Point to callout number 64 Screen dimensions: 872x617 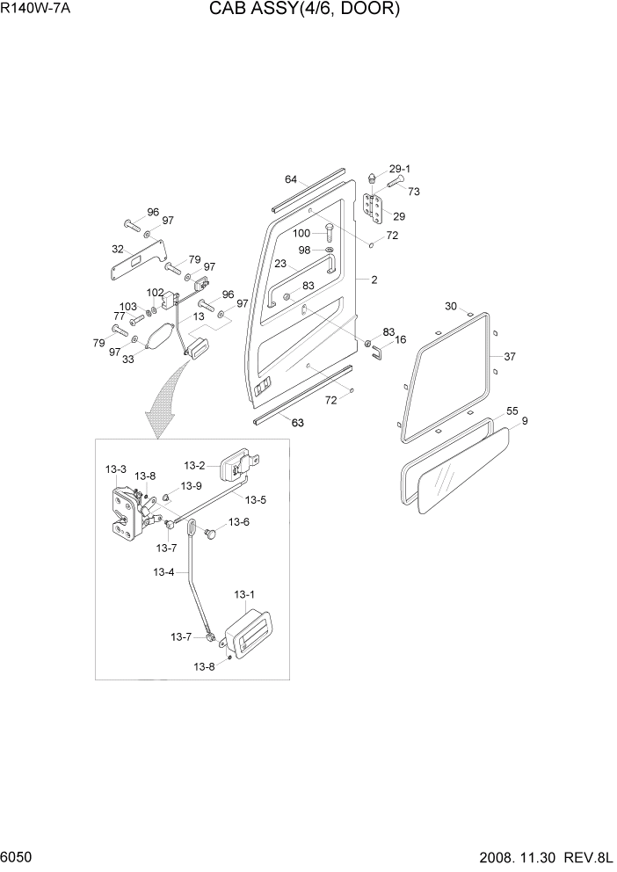291,179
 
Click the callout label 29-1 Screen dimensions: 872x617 400,168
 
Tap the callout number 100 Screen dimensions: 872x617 301,233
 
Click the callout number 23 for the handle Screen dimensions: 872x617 280,263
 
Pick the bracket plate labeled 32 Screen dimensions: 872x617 137,261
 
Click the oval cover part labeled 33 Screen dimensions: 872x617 160,338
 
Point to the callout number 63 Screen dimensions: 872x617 297,423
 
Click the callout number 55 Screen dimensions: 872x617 512,411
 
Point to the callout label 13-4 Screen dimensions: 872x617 163,572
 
